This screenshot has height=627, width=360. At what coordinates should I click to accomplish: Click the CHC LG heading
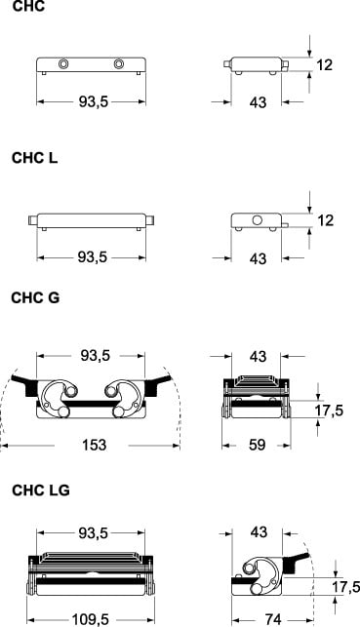[x=41, y=490]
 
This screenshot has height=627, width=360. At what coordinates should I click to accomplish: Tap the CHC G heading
[x=35, y=298]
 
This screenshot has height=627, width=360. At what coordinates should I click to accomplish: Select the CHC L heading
[x=35, y=158]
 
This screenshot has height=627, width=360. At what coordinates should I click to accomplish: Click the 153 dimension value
[x=95, y=445]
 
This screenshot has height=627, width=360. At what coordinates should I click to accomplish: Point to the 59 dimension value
[x=258, y=445]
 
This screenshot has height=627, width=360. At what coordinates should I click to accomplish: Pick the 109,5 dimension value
[x=90, y=620]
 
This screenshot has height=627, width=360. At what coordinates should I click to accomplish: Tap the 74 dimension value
[x=273, y=620]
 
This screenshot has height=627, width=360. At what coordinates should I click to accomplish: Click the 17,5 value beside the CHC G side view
[x=329, y=411]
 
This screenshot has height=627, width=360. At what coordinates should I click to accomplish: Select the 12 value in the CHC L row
[x=325, y=220]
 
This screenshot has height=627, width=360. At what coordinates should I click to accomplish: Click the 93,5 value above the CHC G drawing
[x=96, y=355]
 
